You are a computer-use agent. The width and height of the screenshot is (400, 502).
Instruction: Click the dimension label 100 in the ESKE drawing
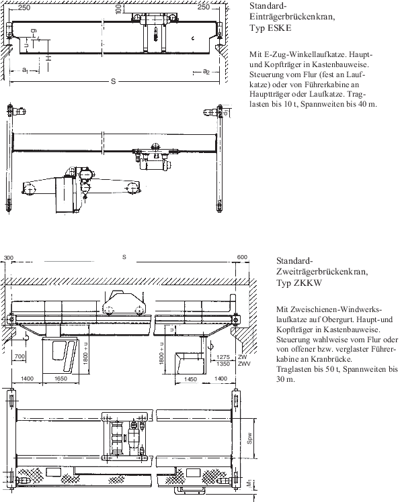[x=119, y=8]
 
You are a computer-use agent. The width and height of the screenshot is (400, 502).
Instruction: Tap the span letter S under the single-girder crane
[x=113, y=82]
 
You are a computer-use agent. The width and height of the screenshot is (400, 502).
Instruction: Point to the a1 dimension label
[x=25, y=70]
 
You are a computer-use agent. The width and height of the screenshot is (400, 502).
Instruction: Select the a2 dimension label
[x=206, y=71]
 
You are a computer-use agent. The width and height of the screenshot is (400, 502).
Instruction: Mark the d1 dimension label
[x=226, y=112]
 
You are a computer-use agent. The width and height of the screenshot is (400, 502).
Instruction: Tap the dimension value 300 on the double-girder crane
[x=9, y=258]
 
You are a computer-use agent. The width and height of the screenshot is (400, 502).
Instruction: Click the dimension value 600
[x=242, y=257]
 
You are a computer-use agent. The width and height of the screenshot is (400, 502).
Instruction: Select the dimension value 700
[x=20, y=356]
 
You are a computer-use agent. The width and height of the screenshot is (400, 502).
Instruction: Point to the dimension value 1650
[x=61, y=379]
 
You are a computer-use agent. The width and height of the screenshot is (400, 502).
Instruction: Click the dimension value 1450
[x=190, y=379]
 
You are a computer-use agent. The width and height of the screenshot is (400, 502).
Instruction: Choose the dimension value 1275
[x=223, y=357]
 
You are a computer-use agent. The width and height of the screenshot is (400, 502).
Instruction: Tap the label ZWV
[x=244, y=364]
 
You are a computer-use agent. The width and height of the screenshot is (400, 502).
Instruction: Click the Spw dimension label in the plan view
[x=249, y=439]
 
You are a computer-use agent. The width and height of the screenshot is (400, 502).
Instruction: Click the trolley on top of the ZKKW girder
[x=124, y=303]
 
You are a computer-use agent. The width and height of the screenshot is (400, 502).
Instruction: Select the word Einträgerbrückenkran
[x=292, y=17]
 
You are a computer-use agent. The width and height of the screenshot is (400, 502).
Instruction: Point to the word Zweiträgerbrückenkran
[x=322, y=272]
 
